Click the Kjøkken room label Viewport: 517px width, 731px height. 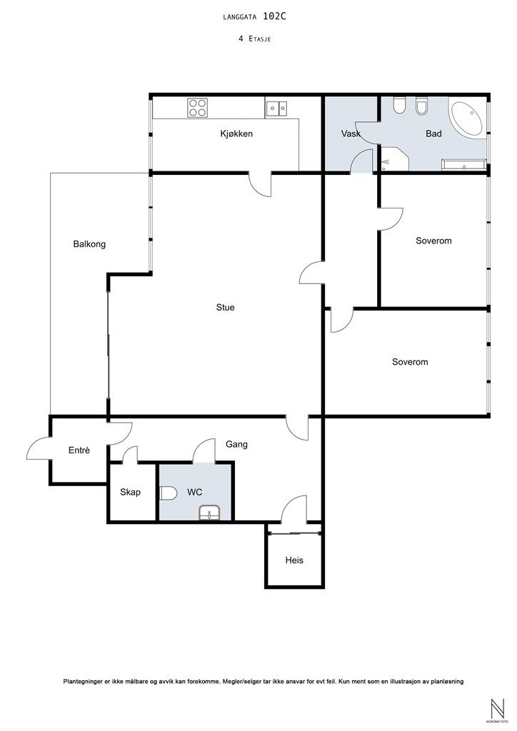[x=236, y=133]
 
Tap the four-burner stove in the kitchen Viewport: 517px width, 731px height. [x=198, y=108]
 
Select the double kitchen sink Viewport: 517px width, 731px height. [x=276, y=109]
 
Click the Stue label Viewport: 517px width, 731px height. [x=225, y=307]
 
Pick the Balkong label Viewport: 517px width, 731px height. [x=89, y=244]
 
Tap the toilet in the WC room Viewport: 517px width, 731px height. [x=168, y=493]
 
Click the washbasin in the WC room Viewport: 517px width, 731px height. [x=209, y=514]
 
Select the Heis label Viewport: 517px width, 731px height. [x=294, y=560]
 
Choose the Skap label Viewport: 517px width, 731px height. [x=130, y=492]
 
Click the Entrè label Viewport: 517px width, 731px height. [x=79, y=450]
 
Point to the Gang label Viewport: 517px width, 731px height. [x=236, y=444]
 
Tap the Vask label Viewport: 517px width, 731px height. [x=351, y=133]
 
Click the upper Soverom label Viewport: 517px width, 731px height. [x=433, y=241]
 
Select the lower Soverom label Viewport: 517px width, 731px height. [x=410, y=362]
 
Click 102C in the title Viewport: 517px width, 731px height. [x=274, y=16]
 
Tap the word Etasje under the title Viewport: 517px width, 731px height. [x=260, y=39]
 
